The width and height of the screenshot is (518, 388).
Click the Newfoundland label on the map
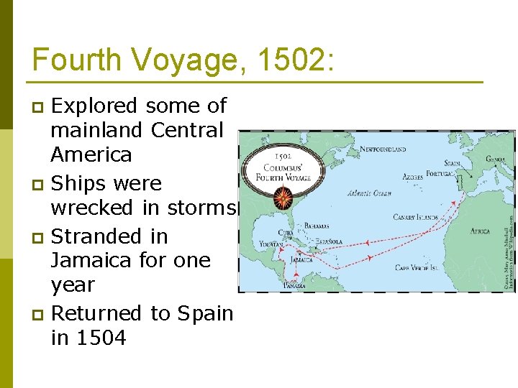click(x=383, y=149)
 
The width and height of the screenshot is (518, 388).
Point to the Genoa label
click(x=495, y=160)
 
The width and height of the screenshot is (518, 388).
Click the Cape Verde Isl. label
click(x=416, y=268)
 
